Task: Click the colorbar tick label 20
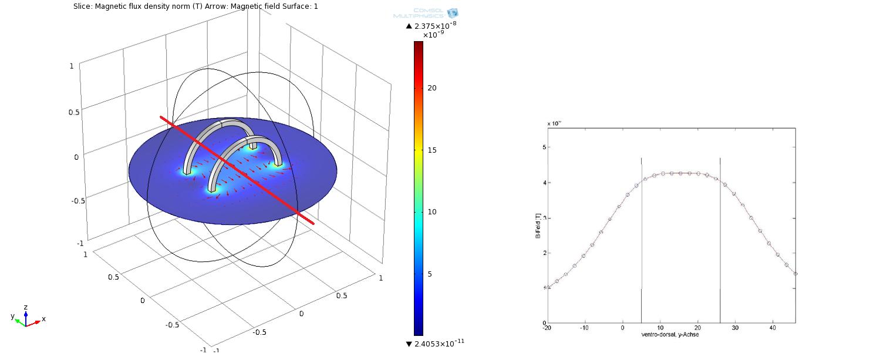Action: (432, 88)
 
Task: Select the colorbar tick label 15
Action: (432, 150)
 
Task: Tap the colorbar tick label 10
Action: (432, 212)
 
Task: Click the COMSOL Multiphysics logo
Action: (426, 13)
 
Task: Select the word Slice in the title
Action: (82, 6)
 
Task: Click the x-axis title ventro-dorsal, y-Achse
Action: (670, 335)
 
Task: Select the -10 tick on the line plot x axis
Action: (585, 328)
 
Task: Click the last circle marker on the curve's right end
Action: (795, 274)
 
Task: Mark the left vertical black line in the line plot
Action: (641, 235)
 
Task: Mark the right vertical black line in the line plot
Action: (720, 235)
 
